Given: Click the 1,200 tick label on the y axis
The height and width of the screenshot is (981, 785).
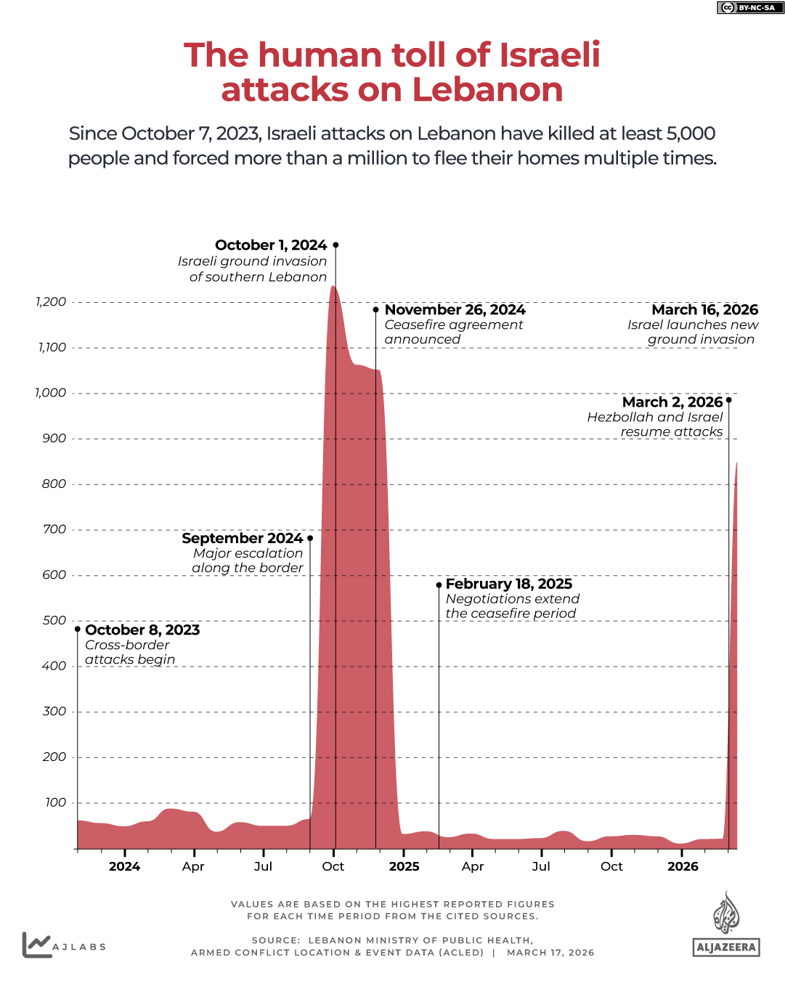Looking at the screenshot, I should (51, 302).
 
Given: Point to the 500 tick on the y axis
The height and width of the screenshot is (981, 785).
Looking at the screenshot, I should (54, 621).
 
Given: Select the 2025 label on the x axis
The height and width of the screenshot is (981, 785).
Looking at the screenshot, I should (404, 866).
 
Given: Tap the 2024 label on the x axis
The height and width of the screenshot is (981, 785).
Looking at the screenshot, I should (124, 866).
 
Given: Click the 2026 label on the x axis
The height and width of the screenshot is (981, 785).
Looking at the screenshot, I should (683, 866).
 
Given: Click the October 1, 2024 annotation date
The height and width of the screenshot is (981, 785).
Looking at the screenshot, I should (271, 245).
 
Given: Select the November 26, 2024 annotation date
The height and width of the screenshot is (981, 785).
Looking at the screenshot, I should (455, 310).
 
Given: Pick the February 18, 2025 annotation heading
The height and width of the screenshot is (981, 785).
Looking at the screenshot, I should (508, 585).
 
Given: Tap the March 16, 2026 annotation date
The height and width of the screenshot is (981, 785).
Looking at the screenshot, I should (704, 310).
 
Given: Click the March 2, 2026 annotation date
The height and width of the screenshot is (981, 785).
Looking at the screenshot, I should (672, 402).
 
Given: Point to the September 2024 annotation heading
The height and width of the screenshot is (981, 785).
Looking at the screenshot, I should (242, 539).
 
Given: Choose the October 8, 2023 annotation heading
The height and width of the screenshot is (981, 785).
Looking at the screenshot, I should (142, 630).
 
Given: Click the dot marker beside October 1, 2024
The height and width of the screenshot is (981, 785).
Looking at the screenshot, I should (335, 245).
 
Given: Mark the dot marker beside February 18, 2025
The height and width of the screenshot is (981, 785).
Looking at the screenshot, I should (439, 585).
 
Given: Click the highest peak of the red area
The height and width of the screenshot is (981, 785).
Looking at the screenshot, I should (333, 288).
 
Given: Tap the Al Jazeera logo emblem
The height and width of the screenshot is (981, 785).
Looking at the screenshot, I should (725, 913).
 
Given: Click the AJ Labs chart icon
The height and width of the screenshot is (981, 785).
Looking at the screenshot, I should (36, 945).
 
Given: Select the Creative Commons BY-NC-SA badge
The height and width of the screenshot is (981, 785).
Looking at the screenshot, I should (750, 8).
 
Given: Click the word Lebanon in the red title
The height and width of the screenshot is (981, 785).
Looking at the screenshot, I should (487, 90).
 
